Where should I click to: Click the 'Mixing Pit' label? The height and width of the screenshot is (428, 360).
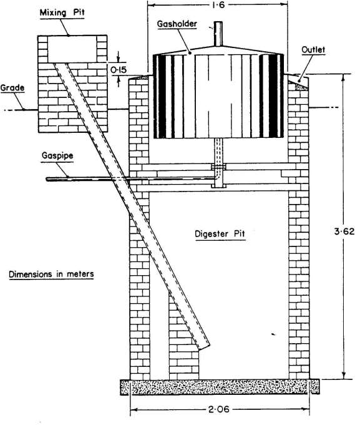click(x=62, y=13)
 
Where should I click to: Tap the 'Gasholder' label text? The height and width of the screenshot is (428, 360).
click(x=177, y=24)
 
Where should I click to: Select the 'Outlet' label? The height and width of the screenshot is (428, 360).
click(x=313, y=50)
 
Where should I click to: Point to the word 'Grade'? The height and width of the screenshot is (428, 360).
click(x=12, y=87)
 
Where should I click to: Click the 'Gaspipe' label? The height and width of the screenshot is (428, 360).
click(x=57, y=156)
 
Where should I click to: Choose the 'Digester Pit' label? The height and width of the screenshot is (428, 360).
click(x=220, y=234)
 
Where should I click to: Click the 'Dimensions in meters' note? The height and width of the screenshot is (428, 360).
click(x=51, y=274)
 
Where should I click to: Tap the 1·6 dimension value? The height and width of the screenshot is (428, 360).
click(x=218, y=5)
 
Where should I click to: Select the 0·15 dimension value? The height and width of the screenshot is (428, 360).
click(x=119, y=70)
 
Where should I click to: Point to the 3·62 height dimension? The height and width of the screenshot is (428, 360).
click(x=344, y=231)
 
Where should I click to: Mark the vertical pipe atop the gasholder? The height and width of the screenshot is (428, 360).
click(x=218, y=34)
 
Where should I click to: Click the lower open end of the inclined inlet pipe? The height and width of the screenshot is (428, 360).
click(x=205, y=347)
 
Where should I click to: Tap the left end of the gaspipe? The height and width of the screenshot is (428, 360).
click(x=47, y=179)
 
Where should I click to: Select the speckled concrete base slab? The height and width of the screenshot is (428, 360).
click(x=220, y=387)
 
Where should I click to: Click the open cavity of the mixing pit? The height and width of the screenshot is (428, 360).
click(x=72, y=49)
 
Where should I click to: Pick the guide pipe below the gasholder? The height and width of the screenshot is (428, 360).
click(x=218, y=162)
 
